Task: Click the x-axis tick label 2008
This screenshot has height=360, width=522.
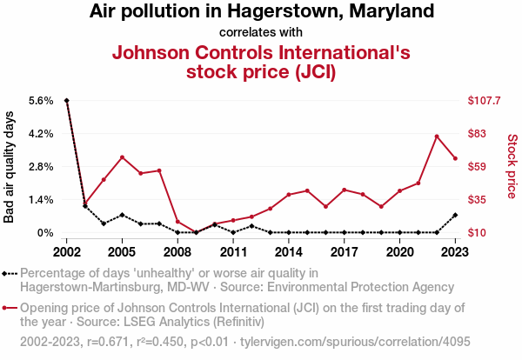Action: (x=177, y=251)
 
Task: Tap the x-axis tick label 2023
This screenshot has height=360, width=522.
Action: (x=455, y=251)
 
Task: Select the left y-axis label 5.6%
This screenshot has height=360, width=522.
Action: (x=41, y=101)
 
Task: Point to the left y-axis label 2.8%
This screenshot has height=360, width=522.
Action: (x=41, y=167)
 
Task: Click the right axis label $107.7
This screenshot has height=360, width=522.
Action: (x=484, y=101)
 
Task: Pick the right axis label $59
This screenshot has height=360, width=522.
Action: (x=477, y=167)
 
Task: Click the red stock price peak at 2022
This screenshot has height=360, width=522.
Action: (x=437, y=137)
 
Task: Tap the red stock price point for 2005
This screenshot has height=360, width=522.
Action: (x=122, y=157)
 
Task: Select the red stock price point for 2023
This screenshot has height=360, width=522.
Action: (x=455, y=158)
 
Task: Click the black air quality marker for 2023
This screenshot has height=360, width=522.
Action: (x=455, y=215)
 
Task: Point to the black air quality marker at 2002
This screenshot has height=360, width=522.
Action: (x=67, y=101)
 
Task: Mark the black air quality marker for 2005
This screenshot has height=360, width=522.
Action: (x=122, y=215)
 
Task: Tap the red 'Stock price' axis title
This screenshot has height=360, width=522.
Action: (x=512, y=165)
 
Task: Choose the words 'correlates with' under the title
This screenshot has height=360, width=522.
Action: (x=261, y=33)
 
